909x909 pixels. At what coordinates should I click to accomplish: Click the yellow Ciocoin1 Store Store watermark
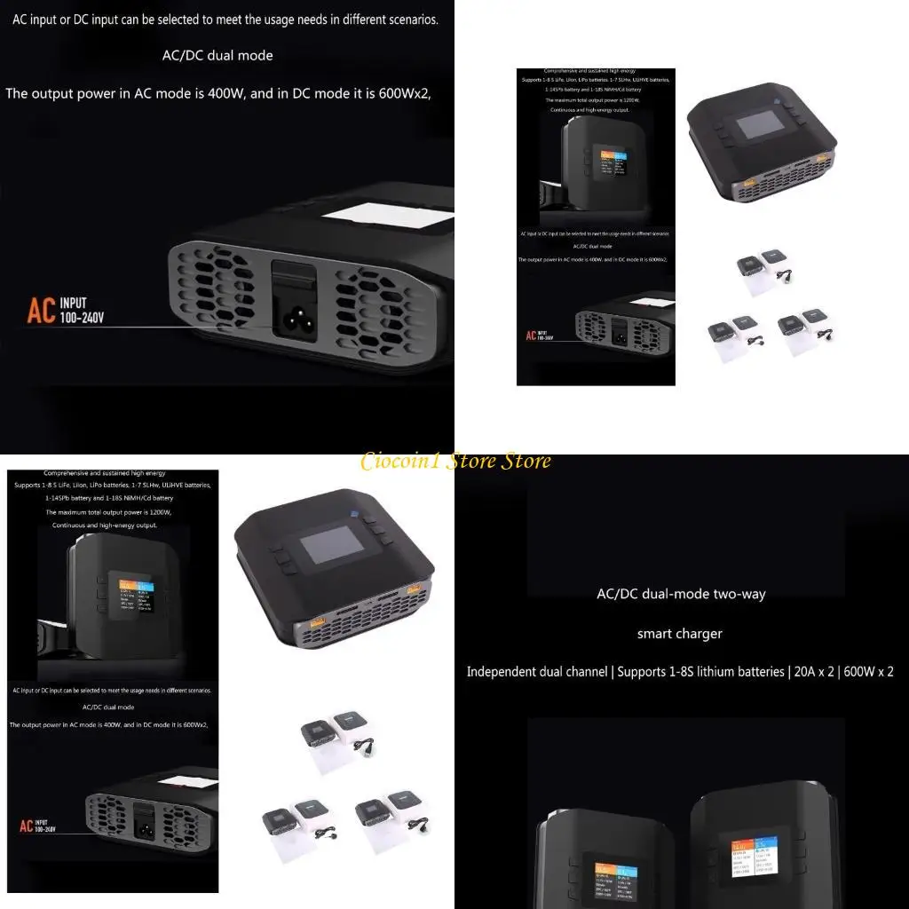[455, 461]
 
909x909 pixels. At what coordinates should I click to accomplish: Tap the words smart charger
[679, 634]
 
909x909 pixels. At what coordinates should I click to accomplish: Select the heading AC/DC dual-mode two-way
[681, 594]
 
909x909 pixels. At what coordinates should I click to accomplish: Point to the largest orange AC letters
[41, 312]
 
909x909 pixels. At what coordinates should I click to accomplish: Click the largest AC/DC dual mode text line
[217, 55]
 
